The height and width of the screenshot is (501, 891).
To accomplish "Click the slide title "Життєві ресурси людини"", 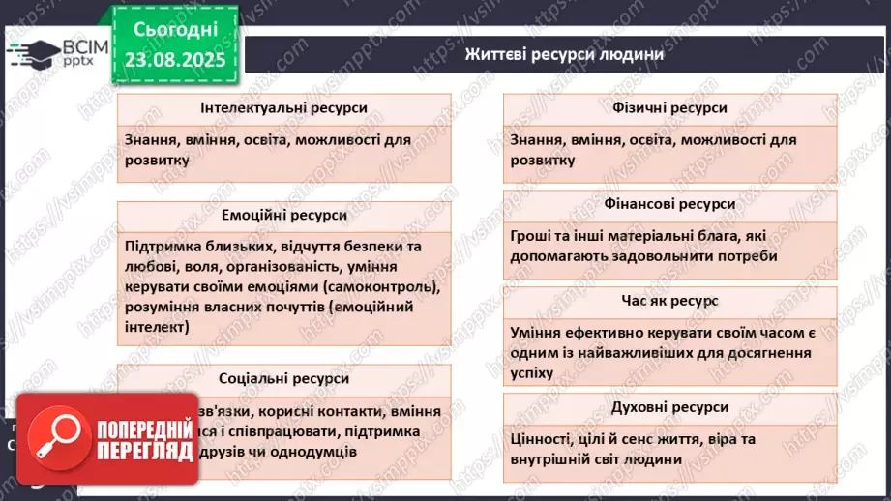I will [x=564, y=54].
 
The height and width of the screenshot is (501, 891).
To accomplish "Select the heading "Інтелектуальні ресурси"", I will [x=283, y=108].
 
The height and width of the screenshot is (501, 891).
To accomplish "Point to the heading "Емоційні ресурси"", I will [x=283, y=215].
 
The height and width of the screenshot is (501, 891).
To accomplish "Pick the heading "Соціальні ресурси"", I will [x=283, y=378].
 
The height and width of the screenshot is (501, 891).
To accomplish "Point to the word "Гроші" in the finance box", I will [x=533, y=235].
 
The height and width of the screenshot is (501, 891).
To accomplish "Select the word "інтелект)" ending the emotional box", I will [x=158, y=328].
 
